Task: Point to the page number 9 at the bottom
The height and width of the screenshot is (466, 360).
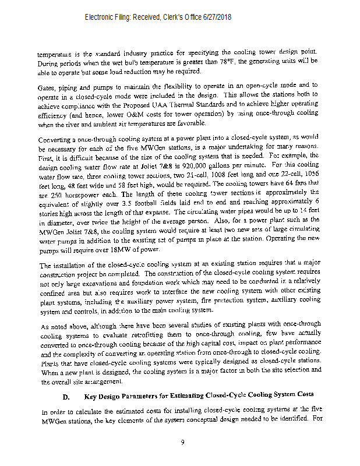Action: [182, 442]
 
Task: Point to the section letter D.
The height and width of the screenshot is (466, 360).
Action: [66, 397]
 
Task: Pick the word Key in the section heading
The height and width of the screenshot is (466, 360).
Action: [91, 397]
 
